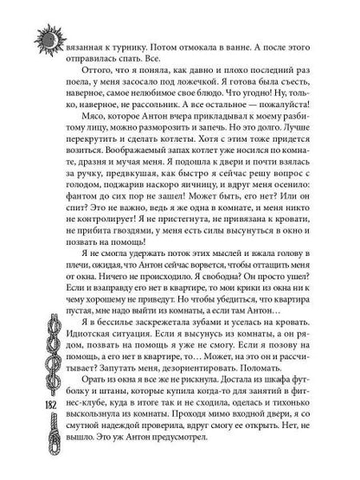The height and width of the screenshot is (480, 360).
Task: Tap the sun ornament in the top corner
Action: (x=46, y=31)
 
